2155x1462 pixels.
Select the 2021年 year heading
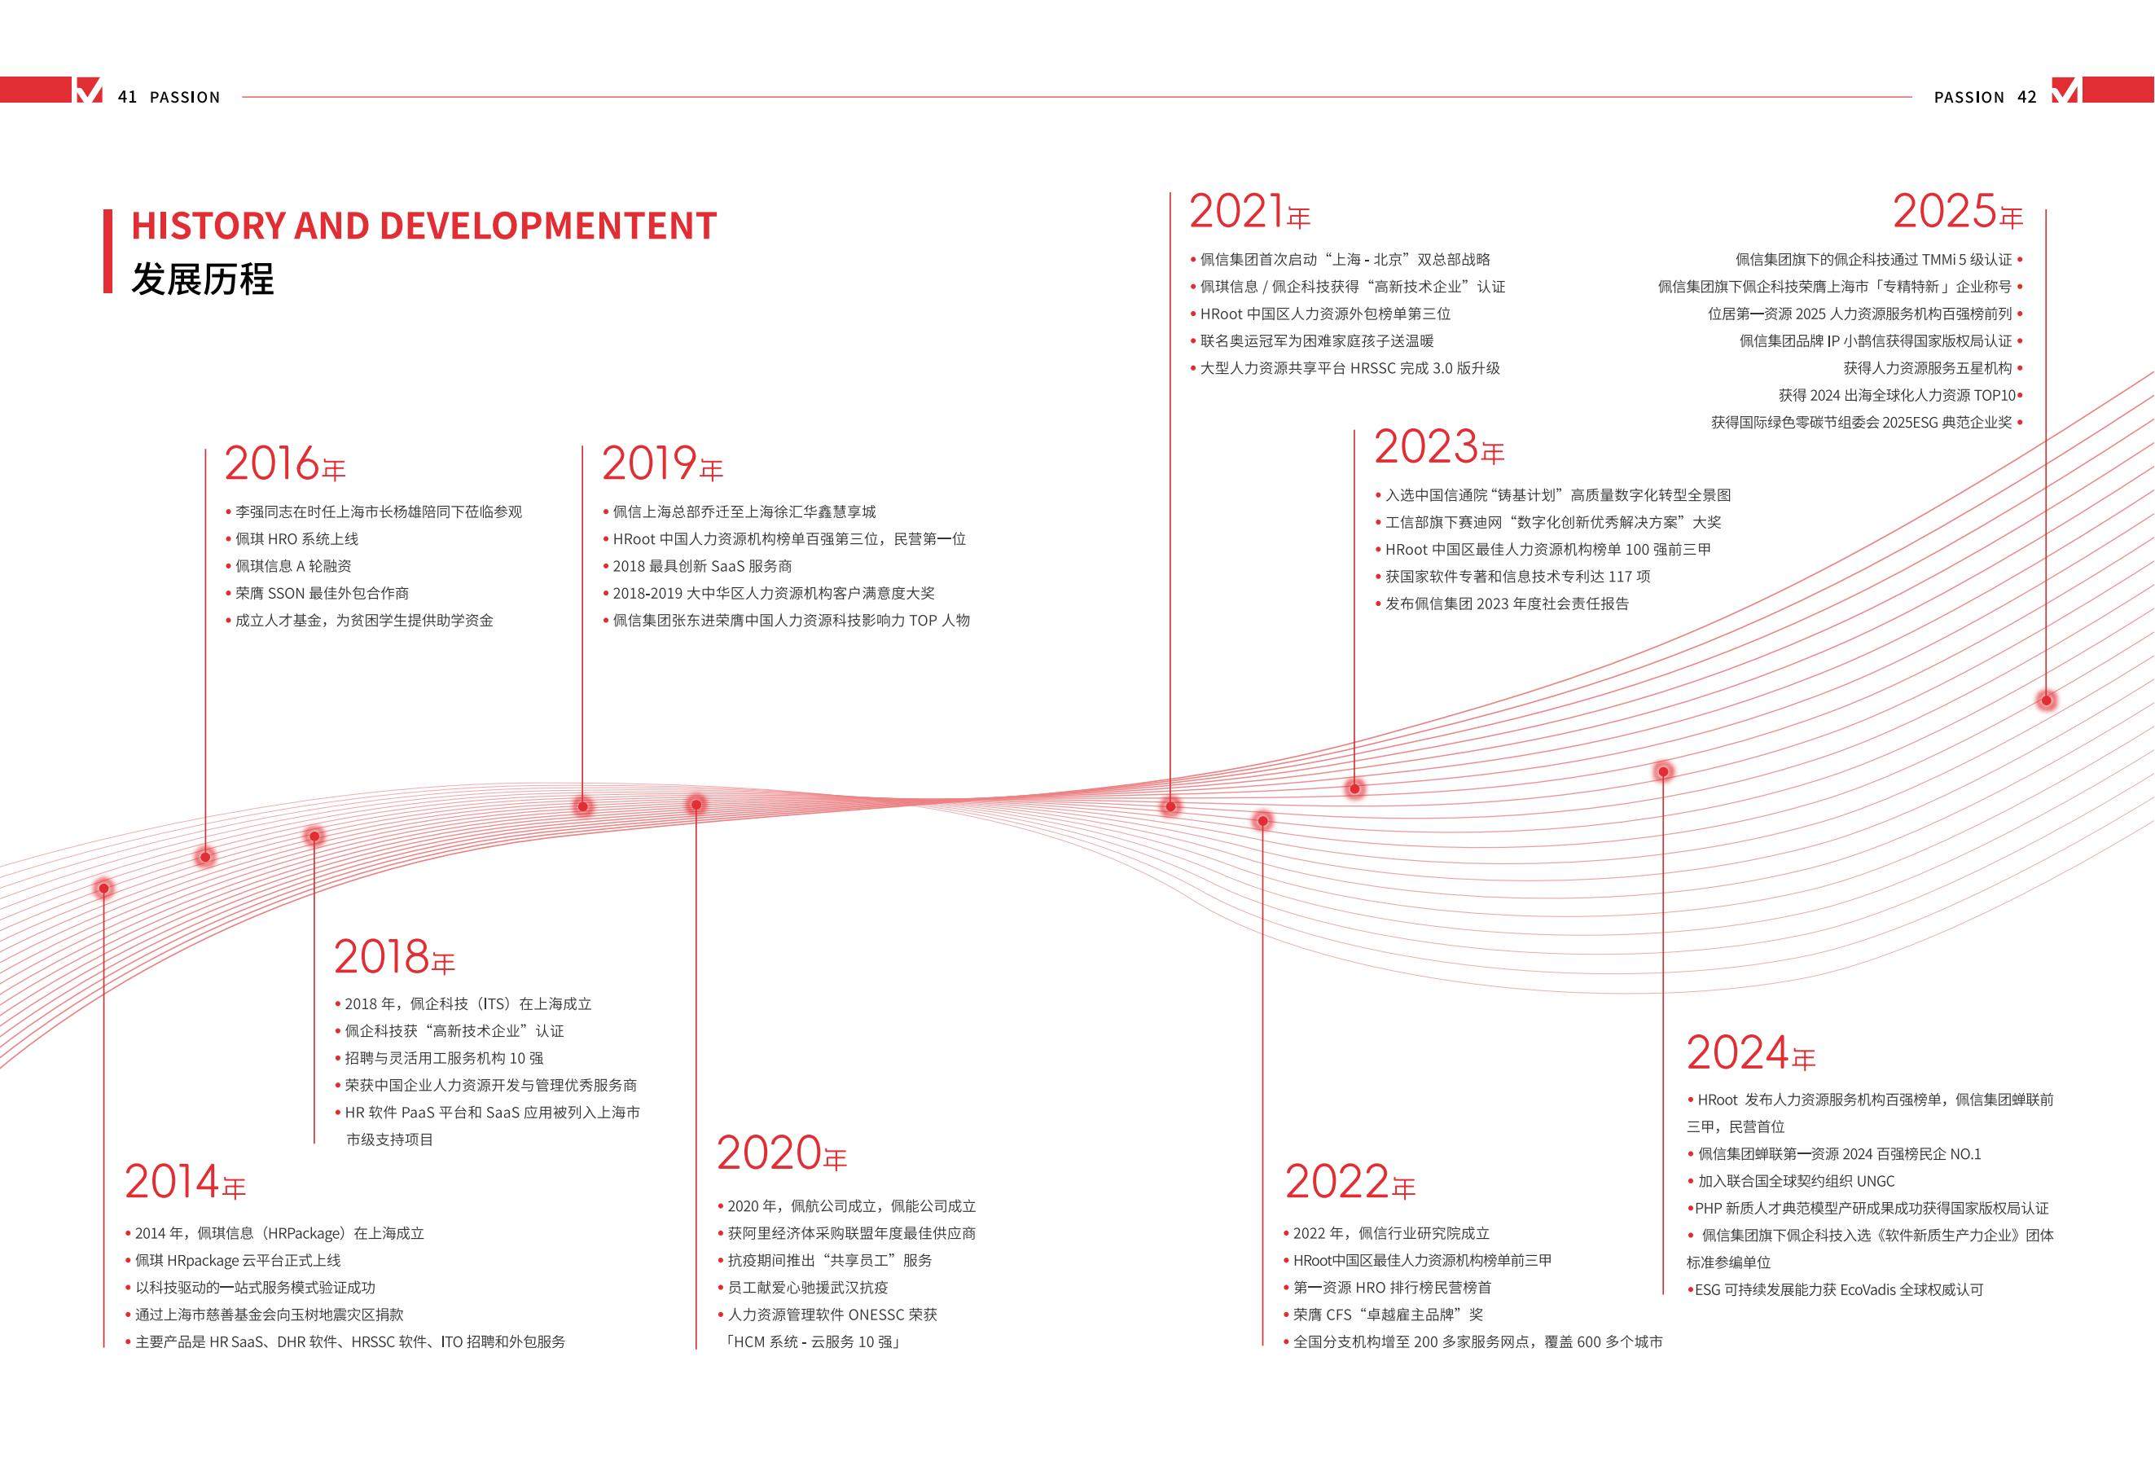(x=1250, y=213)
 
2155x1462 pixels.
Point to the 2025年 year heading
(x=1957, y=213)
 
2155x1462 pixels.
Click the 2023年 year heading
(x=1439, y=447)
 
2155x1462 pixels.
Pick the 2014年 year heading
(x=186, y=1182)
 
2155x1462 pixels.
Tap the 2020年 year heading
(x=782, y=1153)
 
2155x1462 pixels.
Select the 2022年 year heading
(x=1350, y=1182)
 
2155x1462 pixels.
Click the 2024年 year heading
(x=1751, y=1053)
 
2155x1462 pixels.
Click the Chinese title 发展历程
(x=202, y=279)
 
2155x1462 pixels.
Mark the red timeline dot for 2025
(x=2046, y=700)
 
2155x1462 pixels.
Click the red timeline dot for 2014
(x=104, y=888)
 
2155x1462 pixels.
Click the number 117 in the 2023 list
(x=1621, y=577)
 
